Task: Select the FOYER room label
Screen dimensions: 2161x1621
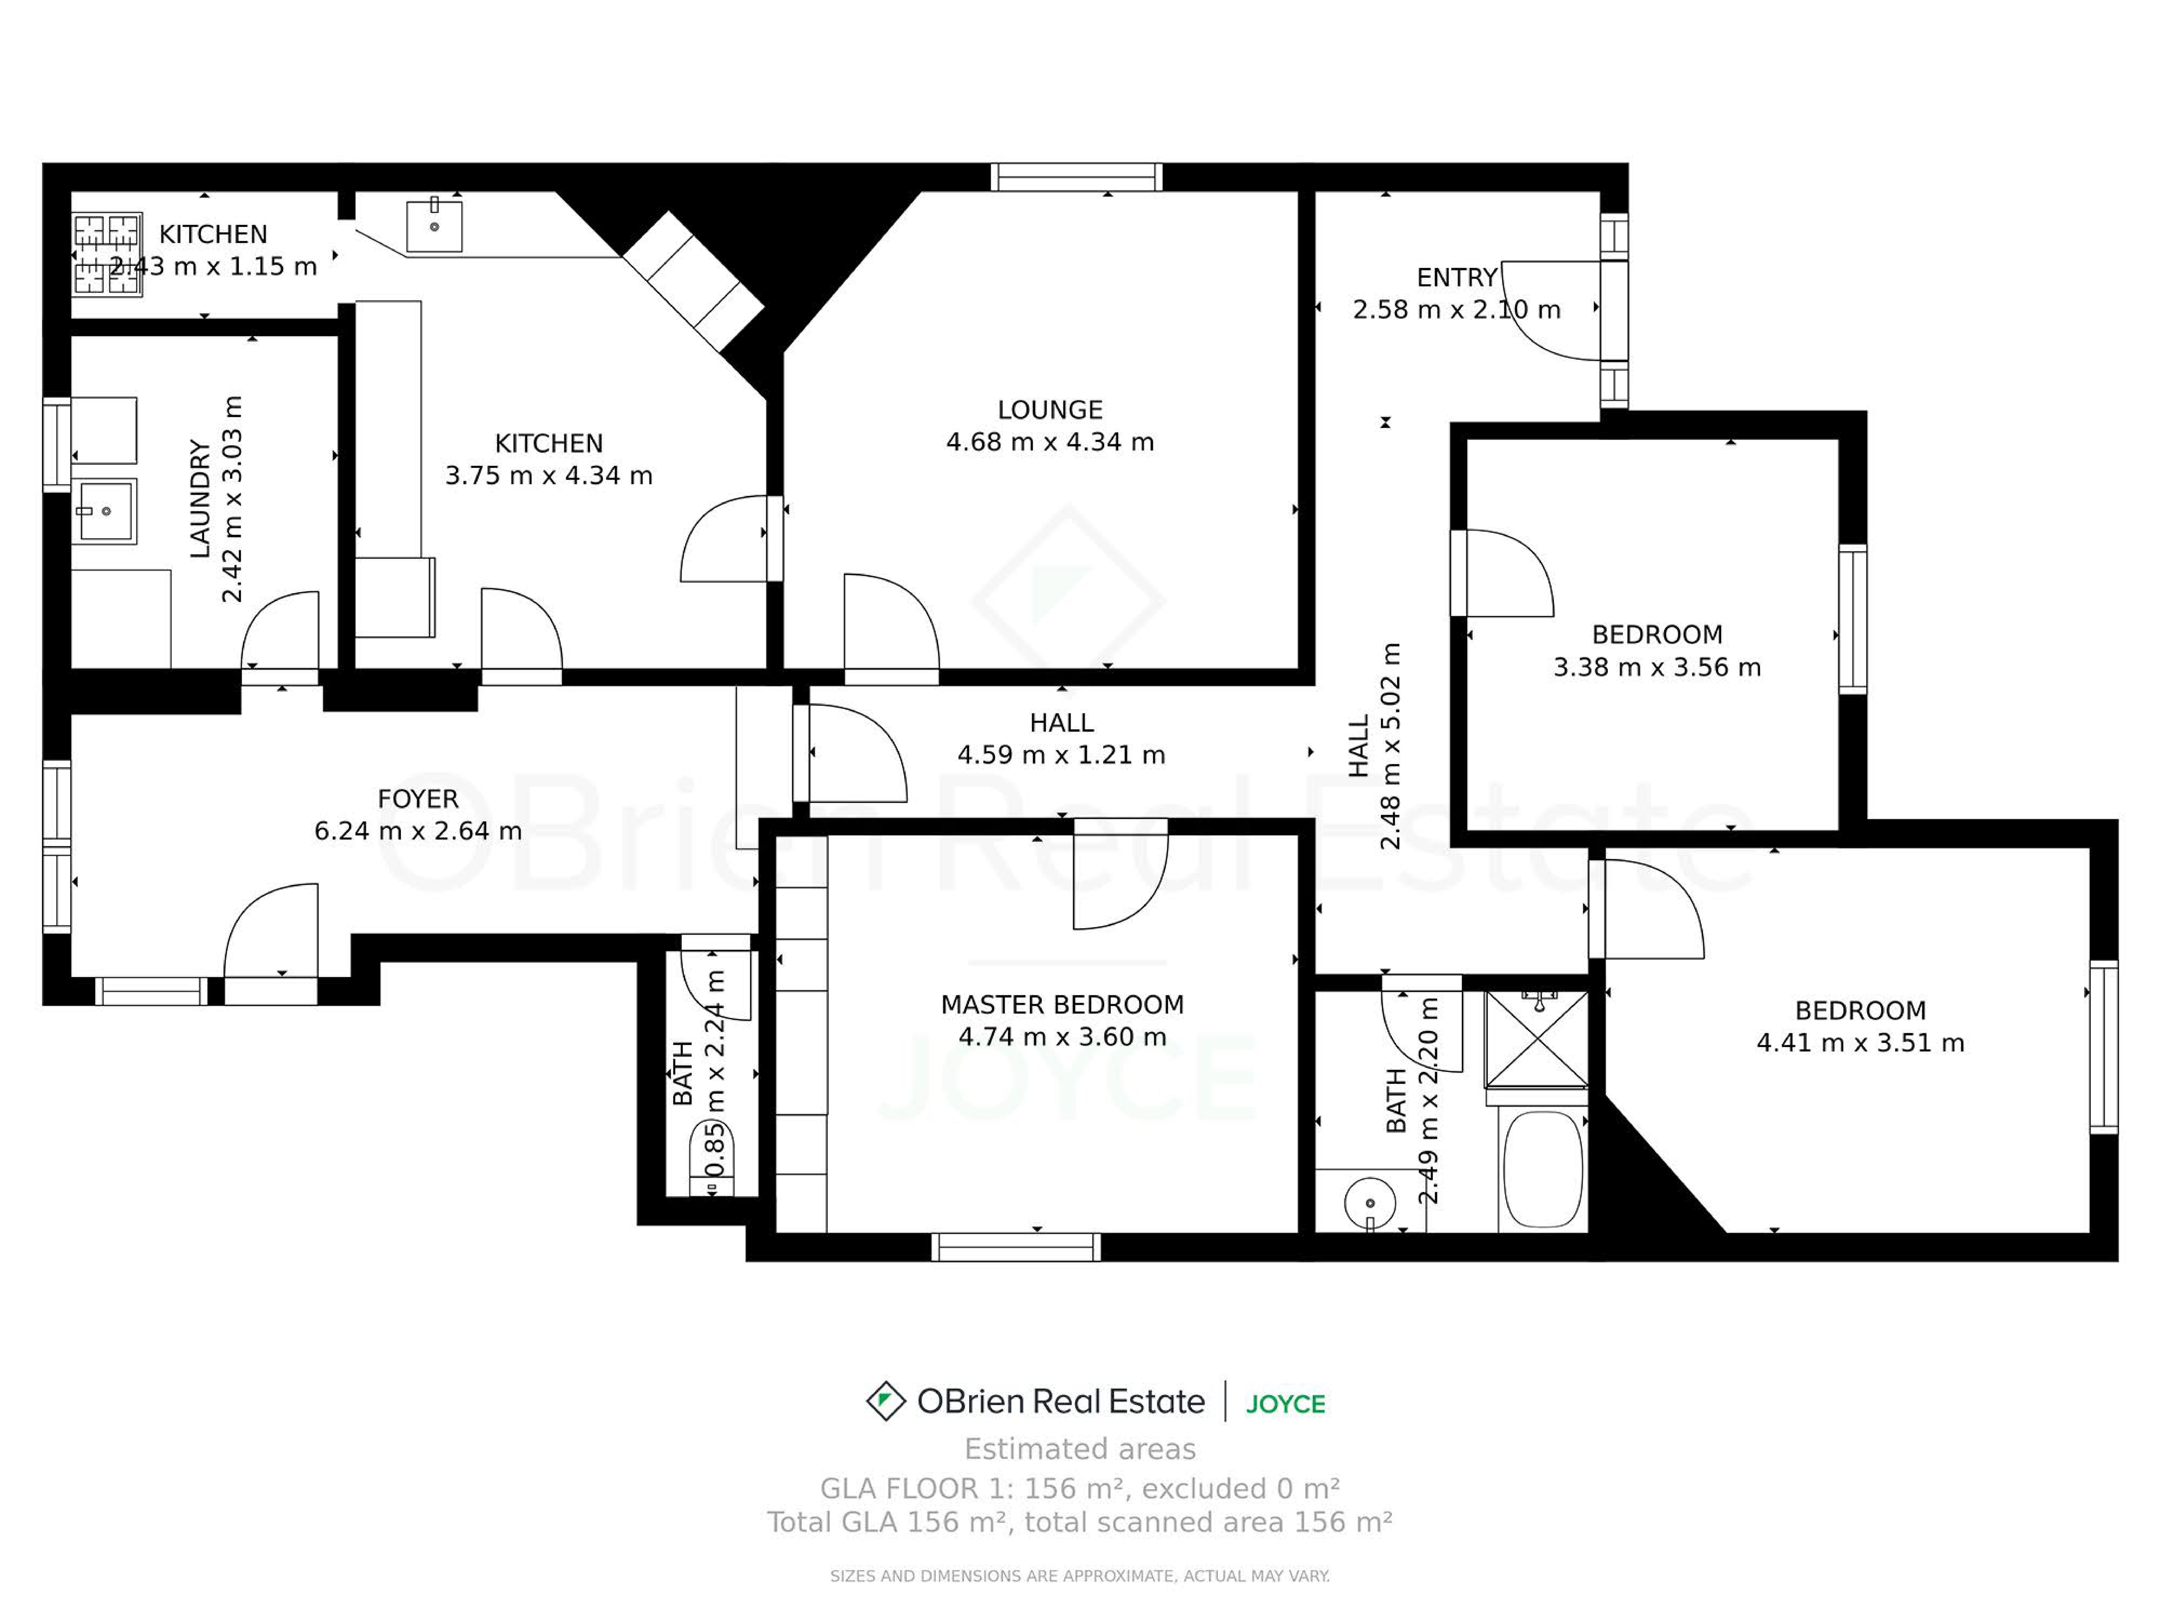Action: click(x=418, y=799)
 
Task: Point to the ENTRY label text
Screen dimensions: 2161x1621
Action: click(x=1457, y=278)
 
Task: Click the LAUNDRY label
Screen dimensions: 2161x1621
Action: click(x=200, y=499)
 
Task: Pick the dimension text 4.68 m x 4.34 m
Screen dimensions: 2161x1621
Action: click(x=1050, y=442)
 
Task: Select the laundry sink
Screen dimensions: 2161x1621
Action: click(x=105, y=510)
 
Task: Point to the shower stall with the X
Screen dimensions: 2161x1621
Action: click(x=1537, y=1040)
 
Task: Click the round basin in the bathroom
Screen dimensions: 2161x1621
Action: click(x=1370, y=1203)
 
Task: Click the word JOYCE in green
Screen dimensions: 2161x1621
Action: click(x=1286, y=1404)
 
